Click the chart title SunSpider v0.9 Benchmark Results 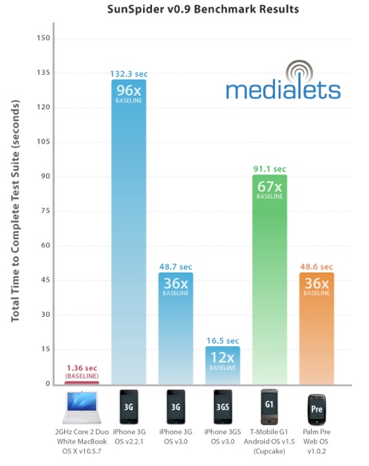point(203,9)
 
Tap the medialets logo point(283,80)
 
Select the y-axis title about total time point(15,211)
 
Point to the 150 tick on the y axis point(43,38)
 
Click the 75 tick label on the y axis point(45,211)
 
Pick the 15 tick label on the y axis point(45,349)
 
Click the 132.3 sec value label point(129,74)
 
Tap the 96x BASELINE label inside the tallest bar point(129,94)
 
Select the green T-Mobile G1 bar point(270,279)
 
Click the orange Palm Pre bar point(317,329)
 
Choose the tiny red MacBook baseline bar point(82,383)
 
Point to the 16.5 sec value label point(223,341)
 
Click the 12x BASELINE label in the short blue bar point(223,361)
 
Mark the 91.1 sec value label point(270,169)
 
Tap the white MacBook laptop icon point(81,407)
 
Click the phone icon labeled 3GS point(223,407)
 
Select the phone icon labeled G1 point(269,407)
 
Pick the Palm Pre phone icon point(317,409)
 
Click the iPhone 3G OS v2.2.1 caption point(129,437)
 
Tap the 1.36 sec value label point(82,368)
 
